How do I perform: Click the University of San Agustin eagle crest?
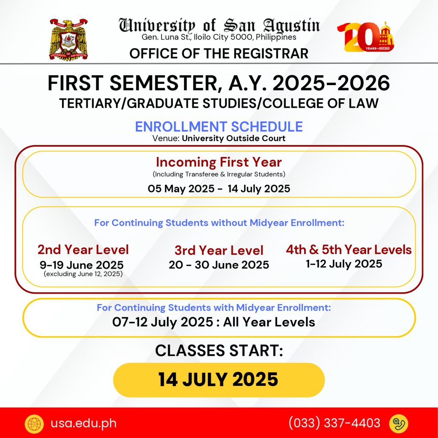pos(68,39)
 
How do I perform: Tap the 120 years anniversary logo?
pos(366,37)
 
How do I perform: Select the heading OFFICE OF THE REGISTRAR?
pos(219,53)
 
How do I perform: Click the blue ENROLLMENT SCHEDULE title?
pos(219,127)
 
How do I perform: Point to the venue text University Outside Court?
pos(234,138)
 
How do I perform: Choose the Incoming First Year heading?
pos(219,162)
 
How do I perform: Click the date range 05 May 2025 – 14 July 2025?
pos(219,189)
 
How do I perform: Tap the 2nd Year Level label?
pos(83,249)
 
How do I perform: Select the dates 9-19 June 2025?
pos(82,265)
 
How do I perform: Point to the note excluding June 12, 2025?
pos(83,274)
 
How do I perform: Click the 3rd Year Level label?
pos(219,250)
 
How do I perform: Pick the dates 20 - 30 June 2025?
pos(219,265)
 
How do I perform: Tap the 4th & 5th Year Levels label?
pos(349,249)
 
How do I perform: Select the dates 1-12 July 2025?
pos(344,263)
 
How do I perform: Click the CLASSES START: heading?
pos(219,351)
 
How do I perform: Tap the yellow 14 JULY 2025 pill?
pos(219,380)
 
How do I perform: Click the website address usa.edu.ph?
pos(83,423)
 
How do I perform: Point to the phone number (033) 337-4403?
pos(334,423)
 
